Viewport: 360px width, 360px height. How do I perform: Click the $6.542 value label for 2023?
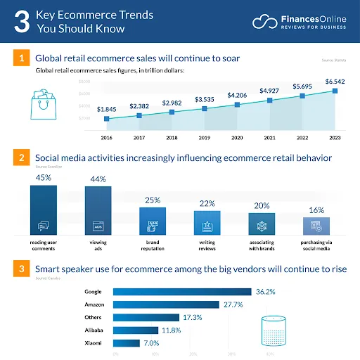[x=335, y=82]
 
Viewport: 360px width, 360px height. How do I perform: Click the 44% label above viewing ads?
[x=96, y=179]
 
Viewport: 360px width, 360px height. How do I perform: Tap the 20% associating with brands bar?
[x=262, y=223]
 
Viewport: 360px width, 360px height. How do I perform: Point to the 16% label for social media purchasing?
[x=316, y=210]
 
